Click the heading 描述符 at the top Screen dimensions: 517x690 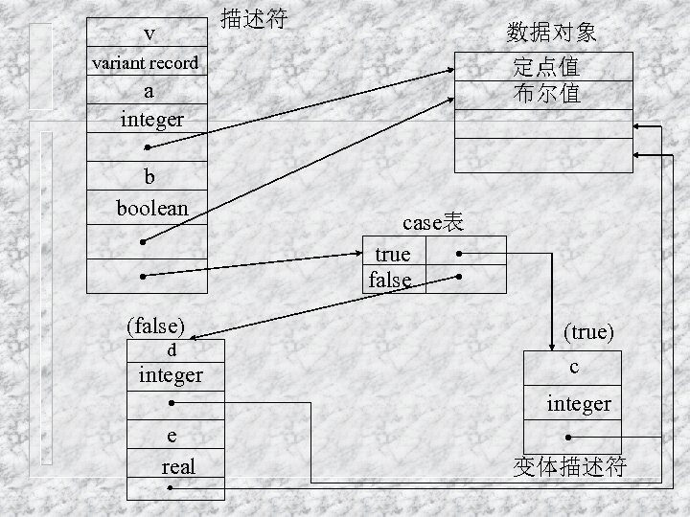click(253, 18)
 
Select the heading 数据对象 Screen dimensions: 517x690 click(551, 33)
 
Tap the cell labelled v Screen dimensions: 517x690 click(149, 34)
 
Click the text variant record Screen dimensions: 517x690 click(146, 63)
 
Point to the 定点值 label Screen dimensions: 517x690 click(546, 67)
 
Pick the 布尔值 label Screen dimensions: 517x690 click(546, 94)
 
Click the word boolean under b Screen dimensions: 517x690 click(152, 208)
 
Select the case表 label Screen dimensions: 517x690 click(433, 223)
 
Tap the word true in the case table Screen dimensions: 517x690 click(393, 254)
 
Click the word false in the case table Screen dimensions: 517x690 click(390, 280)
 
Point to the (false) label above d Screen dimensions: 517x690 click(155, 326)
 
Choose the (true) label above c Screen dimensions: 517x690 click(588, 331)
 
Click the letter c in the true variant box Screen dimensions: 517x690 click(573, 367)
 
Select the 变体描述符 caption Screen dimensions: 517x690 click(570, 466)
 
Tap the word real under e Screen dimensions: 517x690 click(177, 466)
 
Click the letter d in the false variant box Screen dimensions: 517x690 click(172, 350)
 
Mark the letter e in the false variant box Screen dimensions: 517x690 click(172, 437)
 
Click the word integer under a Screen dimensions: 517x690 click(151, 120)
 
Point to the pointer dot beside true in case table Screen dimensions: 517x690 click(461, 254)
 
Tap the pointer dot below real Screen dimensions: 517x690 click(169, 489)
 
